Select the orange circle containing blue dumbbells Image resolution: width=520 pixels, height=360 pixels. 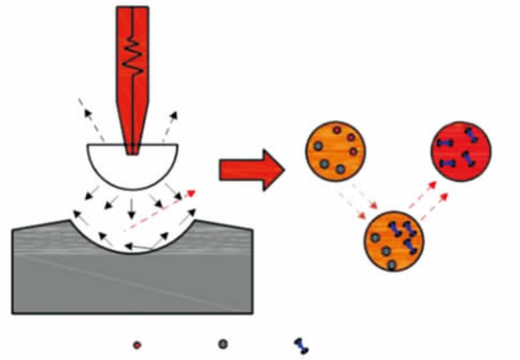pos(396,241)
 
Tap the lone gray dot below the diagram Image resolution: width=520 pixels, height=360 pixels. pos(222,344)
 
